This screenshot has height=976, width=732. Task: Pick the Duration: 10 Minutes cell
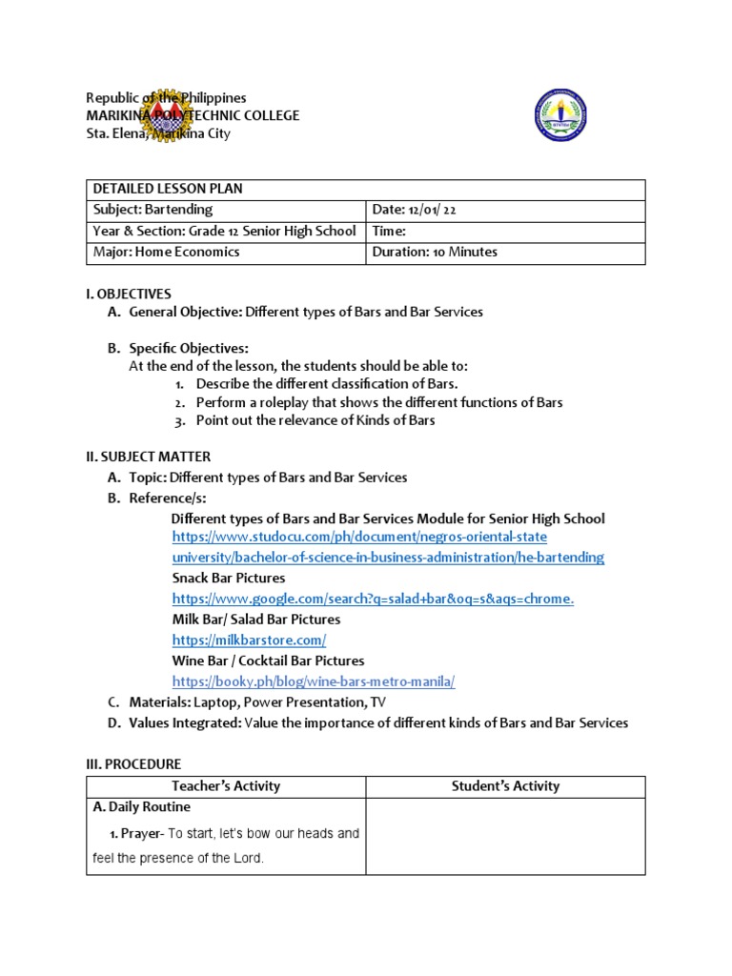(436, 253)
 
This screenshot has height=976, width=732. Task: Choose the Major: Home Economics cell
(166, 253)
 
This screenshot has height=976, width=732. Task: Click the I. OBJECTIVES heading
(129, 295)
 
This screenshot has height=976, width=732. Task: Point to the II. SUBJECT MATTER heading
(149, 457)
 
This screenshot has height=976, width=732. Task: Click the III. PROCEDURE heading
(133, 764)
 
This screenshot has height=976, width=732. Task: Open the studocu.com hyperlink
(359, 537)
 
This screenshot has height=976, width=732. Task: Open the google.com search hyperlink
(373, 599)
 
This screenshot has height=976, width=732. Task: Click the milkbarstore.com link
(249, 640)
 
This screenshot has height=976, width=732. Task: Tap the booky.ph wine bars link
(314, 681)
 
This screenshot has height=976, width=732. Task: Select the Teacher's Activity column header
(226, 786)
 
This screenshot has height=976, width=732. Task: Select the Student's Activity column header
(505, 786)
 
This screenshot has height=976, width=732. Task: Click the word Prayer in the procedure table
(142, 834)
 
